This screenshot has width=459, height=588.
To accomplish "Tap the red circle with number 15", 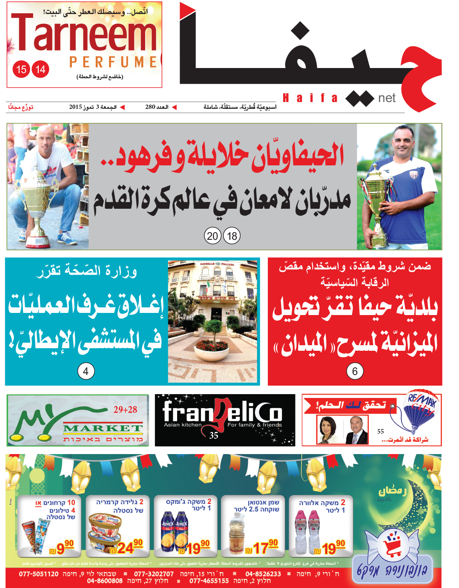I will tap(21, 69).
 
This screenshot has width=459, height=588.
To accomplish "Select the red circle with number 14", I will tap(40, 69).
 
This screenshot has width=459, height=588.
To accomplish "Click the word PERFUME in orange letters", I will tap(113, 62).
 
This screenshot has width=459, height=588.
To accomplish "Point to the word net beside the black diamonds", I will tap(387, 98).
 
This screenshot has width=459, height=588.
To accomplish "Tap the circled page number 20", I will tap(212, 236).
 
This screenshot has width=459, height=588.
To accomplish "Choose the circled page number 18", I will tap(232, 236).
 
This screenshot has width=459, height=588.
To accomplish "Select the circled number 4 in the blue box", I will tap(86, 371).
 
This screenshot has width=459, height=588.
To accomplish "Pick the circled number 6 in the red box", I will tap(355, 371).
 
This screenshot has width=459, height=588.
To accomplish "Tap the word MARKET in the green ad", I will tap(103, 428).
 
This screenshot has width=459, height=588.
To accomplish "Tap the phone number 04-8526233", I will tap(263, 574).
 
